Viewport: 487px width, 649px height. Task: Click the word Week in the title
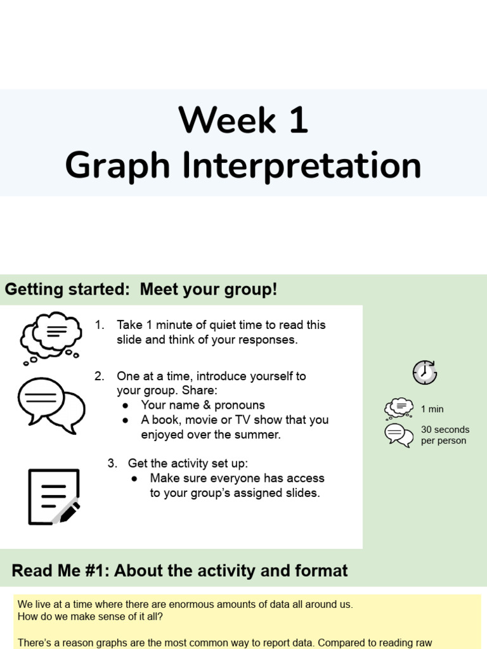pos(227,120)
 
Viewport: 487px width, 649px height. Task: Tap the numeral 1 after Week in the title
pos(297,120)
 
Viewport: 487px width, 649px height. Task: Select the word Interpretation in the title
pos(301,166)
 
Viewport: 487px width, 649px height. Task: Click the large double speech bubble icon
pos(51,404)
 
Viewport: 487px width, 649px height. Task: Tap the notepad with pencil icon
pos(54,497)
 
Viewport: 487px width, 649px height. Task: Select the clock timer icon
pos(425,372)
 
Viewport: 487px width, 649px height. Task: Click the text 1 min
pos(432,409)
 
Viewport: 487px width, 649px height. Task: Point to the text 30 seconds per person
pos(445,435)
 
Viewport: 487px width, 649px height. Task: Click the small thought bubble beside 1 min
pos(399,409)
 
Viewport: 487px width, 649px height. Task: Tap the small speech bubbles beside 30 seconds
pos(399,435)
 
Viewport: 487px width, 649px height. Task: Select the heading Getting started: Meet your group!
pos(141,290)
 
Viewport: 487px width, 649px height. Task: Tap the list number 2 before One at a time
pos(99,376)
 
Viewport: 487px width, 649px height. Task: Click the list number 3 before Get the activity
pos(112,463)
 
